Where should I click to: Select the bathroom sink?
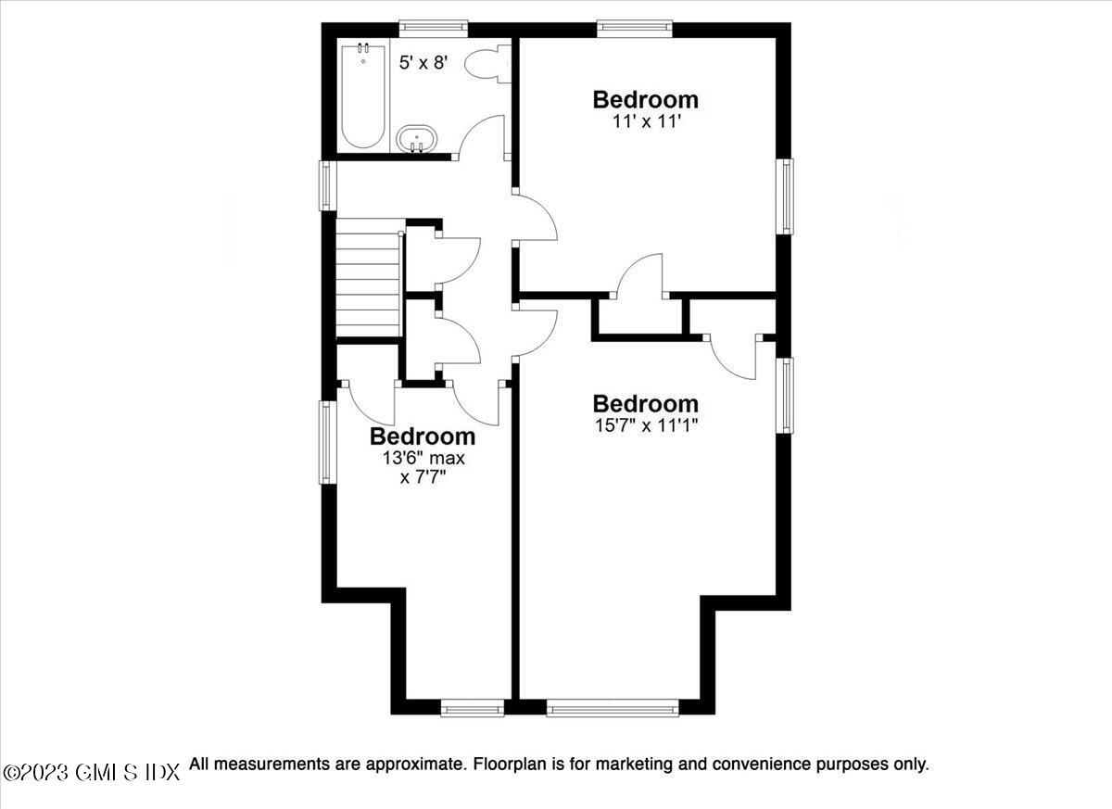click(417, 141)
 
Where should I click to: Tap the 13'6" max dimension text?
click(423, 458)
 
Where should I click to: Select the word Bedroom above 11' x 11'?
click(645, 99)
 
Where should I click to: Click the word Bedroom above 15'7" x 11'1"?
click(645, 404)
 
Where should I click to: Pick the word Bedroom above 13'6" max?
click(423, 436)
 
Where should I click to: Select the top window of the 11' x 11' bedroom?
click(635, 28)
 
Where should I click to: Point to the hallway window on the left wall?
click(326, 184)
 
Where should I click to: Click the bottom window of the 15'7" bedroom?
click(612, 709)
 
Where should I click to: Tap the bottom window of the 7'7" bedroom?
click(472, 709)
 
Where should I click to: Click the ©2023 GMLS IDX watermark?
click(91, 772)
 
